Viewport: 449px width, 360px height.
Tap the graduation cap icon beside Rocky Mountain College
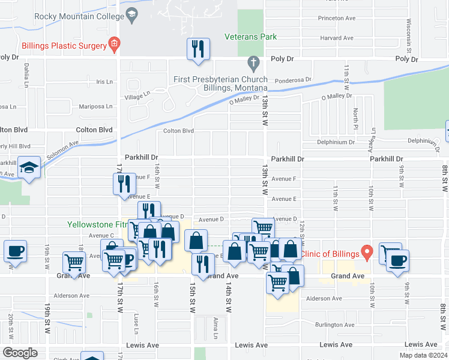point(131,13)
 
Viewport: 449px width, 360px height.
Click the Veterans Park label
point(251,37)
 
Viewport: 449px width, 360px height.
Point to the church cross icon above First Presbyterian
point(253,62)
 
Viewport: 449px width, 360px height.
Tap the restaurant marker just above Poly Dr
point(199,49)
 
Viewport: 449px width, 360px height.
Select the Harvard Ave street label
point(336,38)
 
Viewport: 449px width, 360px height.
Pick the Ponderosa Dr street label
point(293,80)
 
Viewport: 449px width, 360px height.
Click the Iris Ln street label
point(104,82)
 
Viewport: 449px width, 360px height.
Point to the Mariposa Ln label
point(96,106)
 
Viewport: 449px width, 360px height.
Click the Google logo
point(20,352)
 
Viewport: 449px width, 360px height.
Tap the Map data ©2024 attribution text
point(423,355)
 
